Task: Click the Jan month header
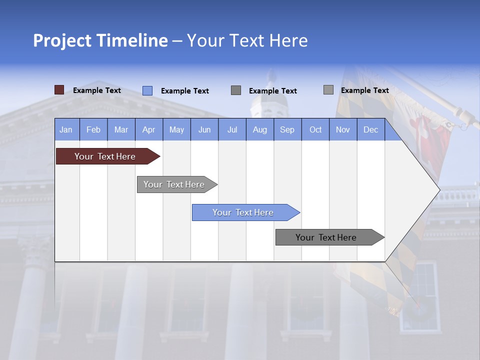(x=66, y=129)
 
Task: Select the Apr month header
(x=149, y=129)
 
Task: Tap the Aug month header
(x=260, y=129)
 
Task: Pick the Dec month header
(x=371, y=129)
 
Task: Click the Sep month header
(x=287, y=129)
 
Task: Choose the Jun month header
(x=204, y=129)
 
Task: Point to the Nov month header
(x=343, y=129)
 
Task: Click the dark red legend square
(x=59, y=90)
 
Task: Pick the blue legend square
(x=147, y=90)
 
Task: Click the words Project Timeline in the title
(x=100, y=40)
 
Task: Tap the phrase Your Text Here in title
(x=247, y=40)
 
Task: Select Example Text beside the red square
(x=97, y=90)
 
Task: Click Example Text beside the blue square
(x=185, y=91)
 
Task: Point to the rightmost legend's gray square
(x=328, y=90)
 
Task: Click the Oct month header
(x=315, y=129)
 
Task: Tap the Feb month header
(x=93, y=129)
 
